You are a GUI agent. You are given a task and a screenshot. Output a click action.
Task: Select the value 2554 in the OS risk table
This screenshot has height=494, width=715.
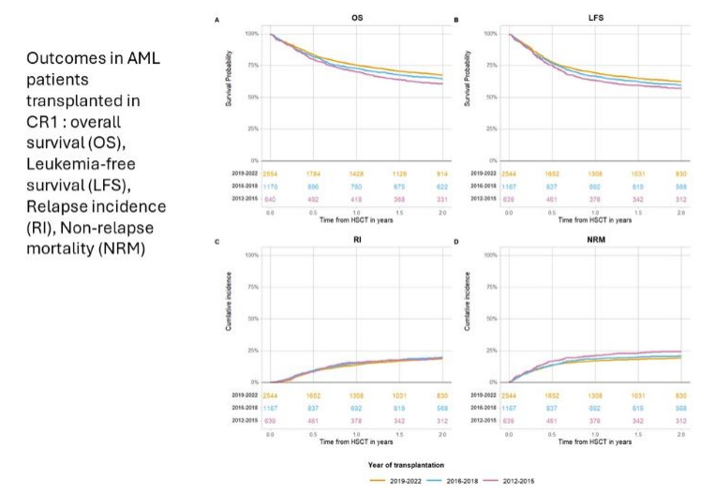pyautogui.click(x=272, y=174)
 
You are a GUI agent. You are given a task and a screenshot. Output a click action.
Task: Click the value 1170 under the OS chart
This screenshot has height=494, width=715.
pyautogui.click(x=272, y=187)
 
